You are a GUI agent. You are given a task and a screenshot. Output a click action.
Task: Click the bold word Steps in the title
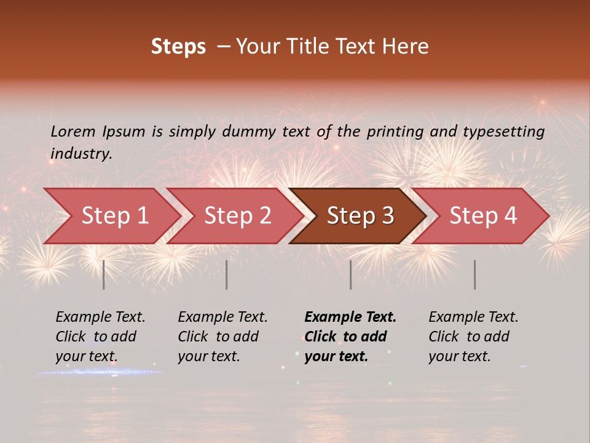click(178, 47)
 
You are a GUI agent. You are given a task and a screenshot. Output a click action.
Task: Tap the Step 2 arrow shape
click(237, 216)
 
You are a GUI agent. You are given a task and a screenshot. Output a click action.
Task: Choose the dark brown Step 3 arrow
click(360, 216)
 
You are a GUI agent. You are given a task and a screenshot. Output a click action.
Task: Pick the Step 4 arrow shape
click(483, 216)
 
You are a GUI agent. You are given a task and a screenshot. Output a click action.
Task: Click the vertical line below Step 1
click(104, 274)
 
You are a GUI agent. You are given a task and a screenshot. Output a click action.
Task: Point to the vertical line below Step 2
click(227, 274)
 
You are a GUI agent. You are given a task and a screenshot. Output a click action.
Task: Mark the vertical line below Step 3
click(351, 274)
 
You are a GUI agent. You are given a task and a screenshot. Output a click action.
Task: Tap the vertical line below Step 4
click(475, 274)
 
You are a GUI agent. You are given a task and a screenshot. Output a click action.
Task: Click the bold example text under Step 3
click(350, 337)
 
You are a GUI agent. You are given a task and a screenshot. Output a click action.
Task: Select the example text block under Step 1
click(100, 337)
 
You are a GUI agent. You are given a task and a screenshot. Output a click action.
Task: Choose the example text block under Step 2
click(222, 337)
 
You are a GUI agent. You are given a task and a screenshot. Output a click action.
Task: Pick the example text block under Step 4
click(473, 337)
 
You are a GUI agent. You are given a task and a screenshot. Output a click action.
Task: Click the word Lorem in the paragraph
click(73, 131)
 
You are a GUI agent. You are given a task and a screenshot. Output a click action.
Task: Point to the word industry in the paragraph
click(81, 154)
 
